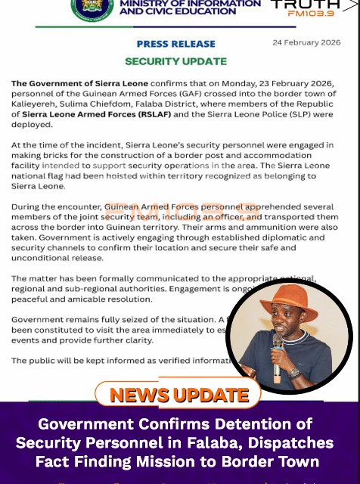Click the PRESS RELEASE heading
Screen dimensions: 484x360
(176, 44)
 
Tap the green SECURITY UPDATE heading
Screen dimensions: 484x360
(176, 61)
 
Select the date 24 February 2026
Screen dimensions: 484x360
(307, 42)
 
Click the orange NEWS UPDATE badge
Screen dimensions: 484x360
(178, 395)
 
